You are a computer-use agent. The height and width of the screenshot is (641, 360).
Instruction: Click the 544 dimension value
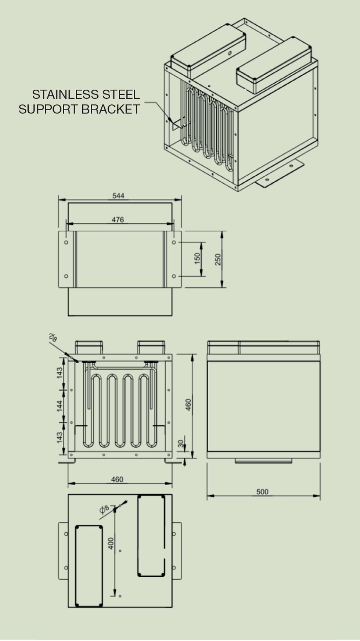tap(118, 196)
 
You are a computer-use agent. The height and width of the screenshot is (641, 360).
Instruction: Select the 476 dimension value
tap(118, 220)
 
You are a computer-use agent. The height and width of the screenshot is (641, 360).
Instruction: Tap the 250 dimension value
tap(218, 259)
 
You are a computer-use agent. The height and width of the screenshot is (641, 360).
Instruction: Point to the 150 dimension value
tap(197, 258)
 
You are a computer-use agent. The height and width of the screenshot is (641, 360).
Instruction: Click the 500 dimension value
tap(262, 491)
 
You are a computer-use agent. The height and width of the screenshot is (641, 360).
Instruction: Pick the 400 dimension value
tap(111, 544)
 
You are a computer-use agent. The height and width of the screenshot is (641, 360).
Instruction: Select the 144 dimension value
tap(60, 406)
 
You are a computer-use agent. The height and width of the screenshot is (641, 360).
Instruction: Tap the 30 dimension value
tap(181, 444)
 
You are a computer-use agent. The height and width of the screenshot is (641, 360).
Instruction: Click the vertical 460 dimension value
tap(188, 404)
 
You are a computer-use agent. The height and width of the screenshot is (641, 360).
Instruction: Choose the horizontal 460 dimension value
tap(117, 479)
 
